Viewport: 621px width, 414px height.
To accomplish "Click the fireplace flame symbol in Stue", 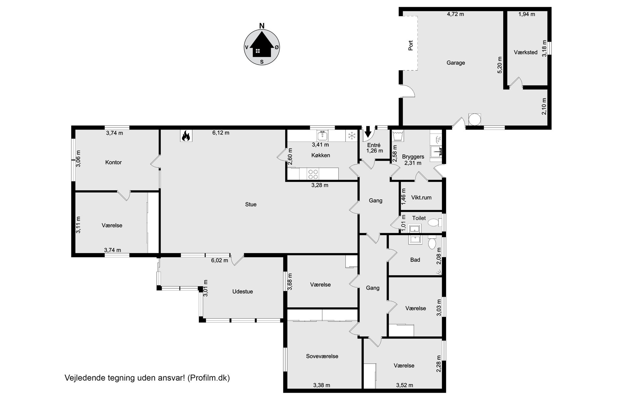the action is point(186,136).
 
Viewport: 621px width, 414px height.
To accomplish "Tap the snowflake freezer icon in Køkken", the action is point(351,136).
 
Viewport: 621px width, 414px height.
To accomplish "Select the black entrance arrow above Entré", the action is point(368,132).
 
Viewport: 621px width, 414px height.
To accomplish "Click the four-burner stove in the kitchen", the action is point(313,174).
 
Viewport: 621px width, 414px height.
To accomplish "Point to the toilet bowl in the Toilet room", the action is point(433,223).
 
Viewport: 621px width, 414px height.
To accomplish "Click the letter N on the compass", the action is point(262,26).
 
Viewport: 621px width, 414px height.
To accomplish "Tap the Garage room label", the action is point(456,63).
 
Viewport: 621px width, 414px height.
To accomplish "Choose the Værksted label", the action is point(526,52).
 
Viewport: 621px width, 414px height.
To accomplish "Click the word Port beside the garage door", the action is point(411,45).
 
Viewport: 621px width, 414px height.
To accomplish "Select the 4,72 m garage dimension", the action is point(455,14).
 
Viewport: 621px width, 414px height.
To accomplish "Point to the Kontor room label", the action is point(114,162).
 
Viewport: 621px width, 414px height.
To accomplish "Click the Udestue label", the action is point(243,291).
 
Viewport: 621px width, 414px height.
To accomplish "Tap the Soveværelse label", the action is point(322,356).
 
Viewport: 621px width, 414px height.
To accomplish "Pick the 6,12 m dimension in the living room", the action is point(221,133).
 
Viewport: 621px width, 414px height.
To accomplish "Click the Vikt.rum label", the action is point(421,197).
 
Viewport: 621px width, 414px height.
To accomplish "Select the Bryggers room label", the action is point(413,157).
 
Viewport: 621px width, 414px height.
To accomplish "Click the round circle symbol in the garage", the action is point(475,119).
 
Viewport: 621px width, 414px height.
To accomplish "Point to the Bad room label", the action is point(415,260).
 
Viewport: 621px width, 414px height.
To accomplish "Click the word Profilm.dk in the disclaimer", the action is point(209,378).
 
